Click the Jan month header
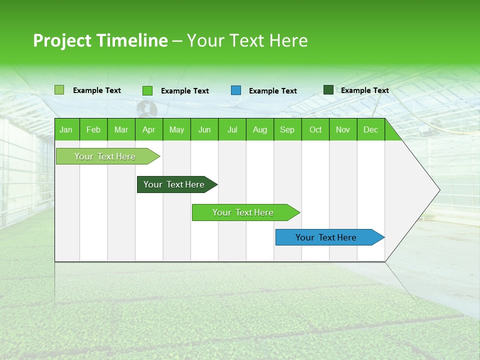66,130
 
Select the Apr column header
148,130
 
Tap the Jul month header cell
232,130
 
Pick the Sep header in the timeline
287,130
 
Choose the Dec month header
370,130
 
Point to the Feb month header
93,130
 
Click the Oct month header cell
315,130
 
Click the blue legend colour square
236,90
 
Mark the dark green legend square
328,90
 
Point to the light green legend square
59,90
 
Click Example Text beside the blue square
272,91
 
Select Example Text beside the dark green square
364,90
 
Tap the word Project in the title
62,40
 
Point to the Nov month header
343,130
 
